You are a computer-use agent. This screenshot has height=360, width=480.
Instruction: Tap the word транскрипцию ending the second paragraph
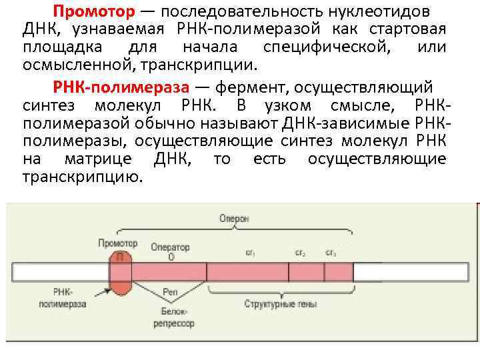[x=82, y=177]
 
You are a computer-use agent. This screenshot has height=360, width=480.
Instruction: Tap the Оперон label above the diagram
[x=234, y=218]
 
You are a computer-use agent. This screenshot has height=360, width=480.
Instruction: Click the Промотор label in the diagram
[x=117, y=243]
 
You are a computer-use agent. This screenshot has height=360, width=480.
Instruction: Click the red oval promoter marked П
[x=120, y=273]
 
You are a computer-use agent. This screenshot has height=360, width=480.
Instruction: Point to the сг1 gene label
[x=251, y=253]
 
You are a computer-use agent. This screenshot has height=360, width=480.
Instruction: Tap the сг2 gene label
[x=301, y=253]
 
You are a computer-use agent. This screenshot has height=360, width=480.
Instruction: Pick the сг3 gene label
[x=331, y=253]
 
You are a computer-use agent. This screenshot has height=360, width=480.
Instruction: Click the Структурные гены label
[x=280, y=304]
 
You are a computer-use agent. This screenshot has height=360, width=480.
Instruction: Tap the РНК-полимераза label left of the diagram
[x=71, y=297]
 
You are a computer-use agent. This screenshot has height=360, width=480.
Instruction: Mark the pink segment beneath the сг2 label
[x=306, y=272]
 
